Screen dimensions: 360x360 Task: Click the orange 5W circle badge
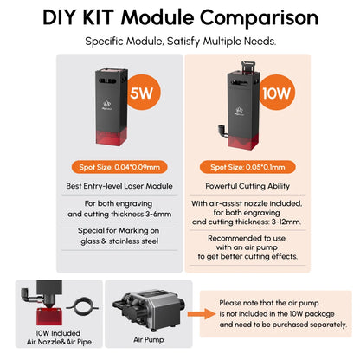point(144,93)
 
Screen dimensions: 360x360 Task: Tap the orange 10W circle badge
point(277,93)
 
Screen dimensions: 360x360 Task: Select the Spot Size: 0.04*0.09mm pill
point(119,167)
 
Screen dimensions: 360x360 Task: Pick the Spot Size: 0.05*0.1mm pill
point(247,167)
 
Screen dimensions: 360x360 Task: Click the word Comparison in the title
point(259,18)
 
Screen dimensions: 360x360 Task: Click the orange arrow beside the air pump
point(202,314)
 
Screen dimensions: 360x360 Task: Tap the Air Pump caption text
point(149,340)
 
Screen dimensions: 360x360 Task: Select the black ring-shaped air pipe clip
point(82,306)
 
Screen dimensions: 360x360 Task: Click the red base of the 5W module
point(112,137)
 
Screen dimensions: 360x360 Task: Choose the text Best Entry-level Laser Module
point(119,186)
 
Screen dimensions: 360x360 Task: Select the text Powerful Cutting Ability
point(247,186)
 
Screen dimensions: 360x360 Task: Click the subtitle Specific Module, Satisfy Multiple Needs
point(181,42)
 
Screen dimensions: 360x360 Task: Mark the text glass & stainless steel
point(119,241)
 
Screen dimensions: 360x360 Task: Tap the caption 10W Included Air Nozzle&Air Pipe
point(59,337)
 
